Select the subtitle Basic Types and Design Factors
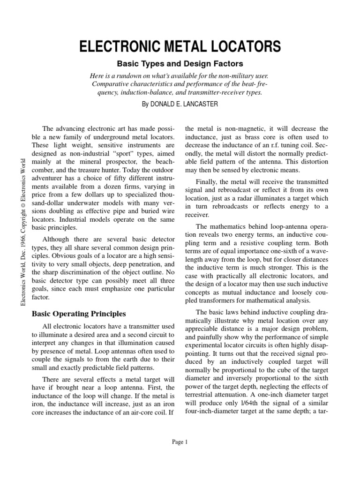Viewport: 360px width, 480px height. pos(180,63)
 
